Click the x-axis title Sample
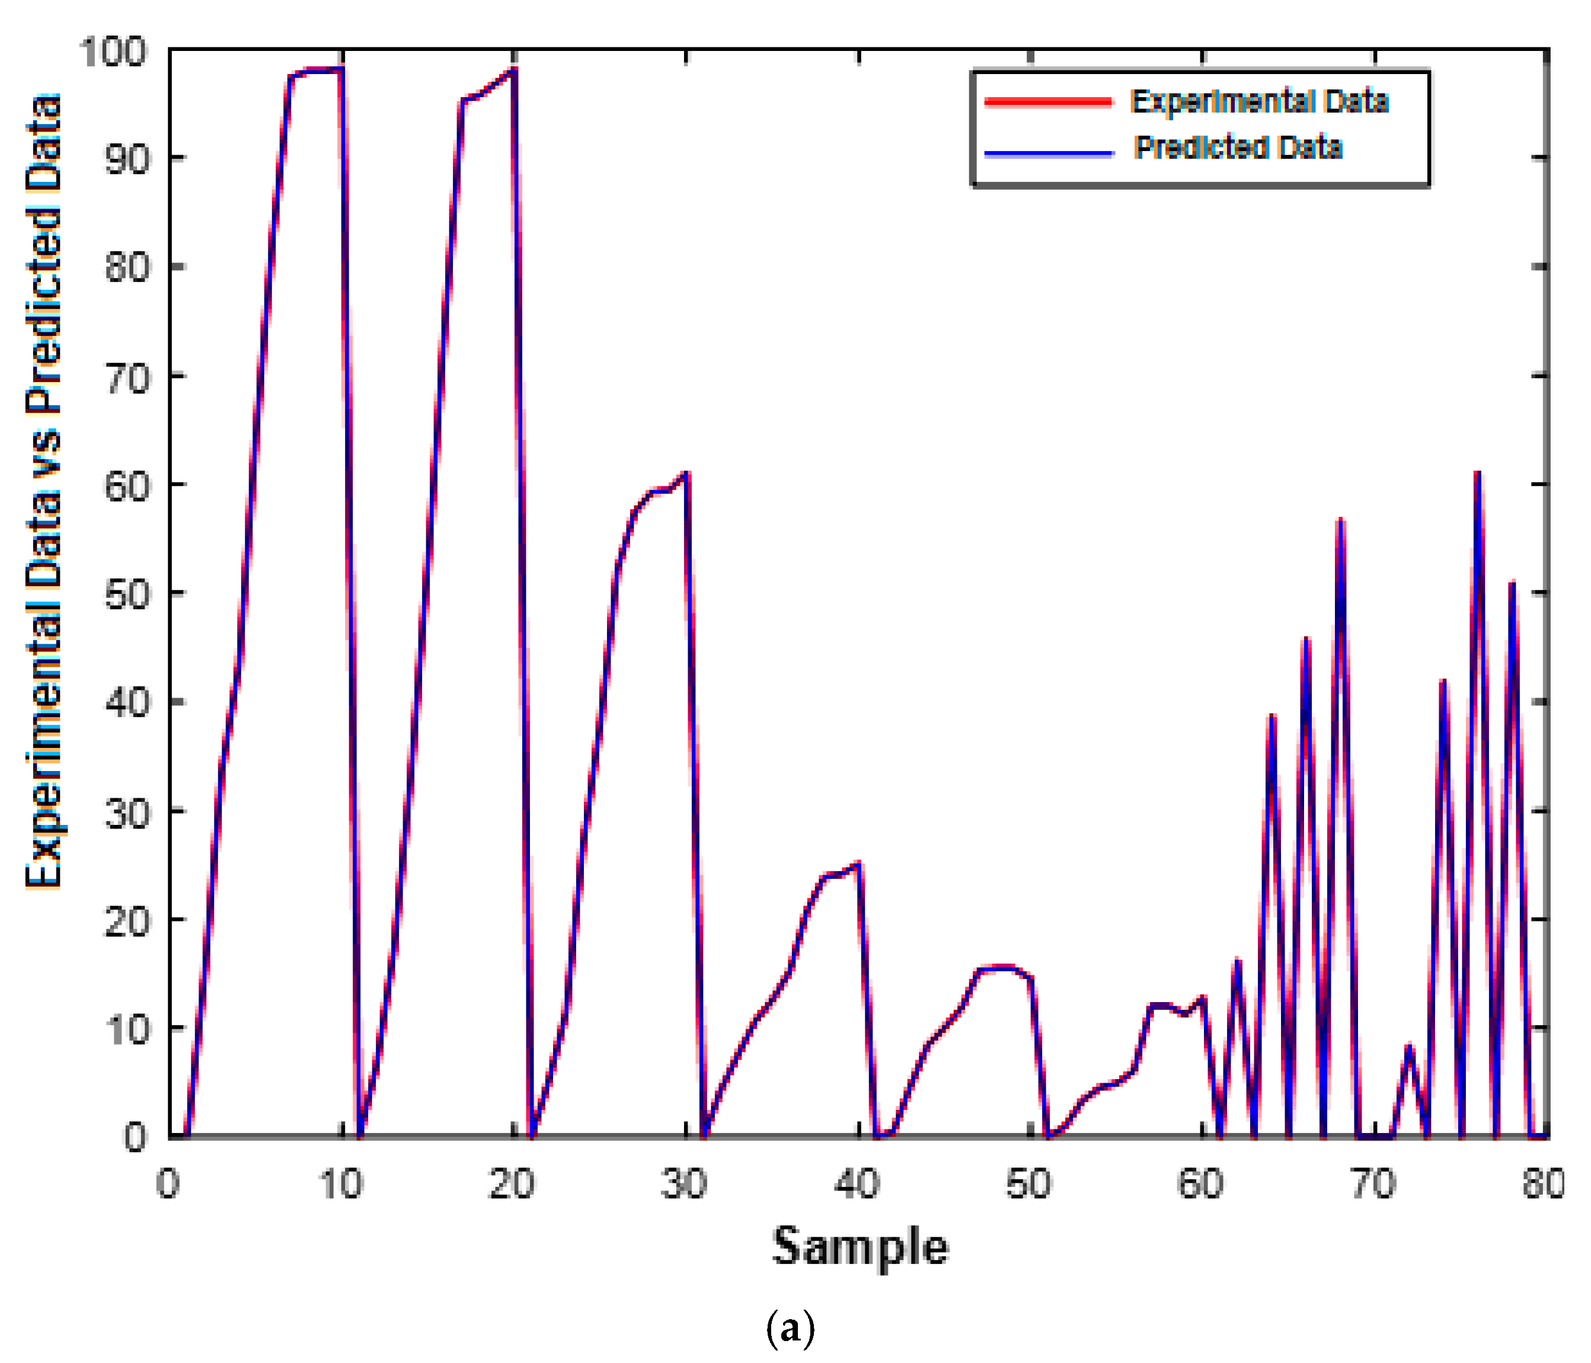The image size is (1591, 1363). pyautogui.click(x=860, y=1246)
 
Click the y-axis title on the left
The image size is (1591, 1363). pyautogui.click(x=43, y=491)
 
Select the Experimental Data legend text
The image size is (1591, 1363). pyautogui.click(x=1259, y=101)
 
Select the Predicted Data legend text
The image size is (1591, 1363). pyautogui.click(x=1238, y=148)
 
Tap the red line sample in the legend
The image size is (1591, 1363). pyautogui.click(x=1047, y=102)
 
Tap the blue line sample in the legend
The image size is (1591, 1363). pyautogui.click(x=1047, y=153)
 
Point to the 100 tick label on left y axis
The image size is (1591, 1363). pyautogui.click(x=113, y=52)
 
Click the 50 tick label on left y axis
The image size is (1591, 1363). pyautogui.click(x=125, y=594)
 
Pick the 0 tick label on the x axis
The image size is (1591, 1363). pyautogui.click(x=168, y=1184)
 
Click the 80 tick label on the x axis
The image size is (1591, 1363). pyautogui.click(x=1544, y=1184)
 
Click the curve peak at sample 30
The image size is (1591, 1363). pyautogui.click(x=686, y=473)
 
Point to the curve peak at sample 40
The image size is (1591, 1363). pyautogui.click(x=858, y=863)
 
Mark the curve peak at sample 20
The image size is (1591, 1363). pyautogui.click(x=514, y=70)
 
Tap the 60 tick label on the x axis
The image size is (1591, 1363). pyautogui.click(x=1201, y=1184)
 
